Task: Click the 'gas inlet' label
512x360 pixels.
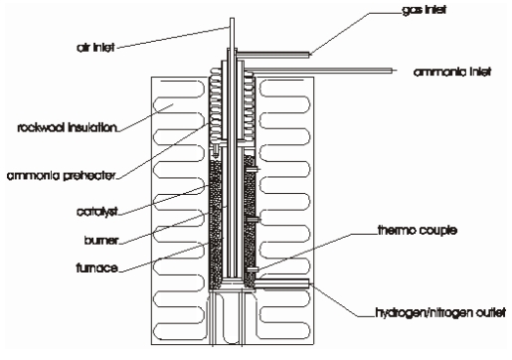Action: (424, 10)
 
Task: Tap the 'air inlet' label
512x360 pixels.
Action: (95, 48)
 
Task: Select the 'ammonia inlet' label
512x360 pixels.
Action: (452, 72)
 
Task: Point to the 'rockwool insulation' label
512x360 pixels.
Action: (68, 127)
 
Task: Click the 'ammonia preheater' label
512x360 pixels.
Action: (62, 175)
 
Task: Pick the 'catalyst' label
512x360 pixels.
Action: (97, 211)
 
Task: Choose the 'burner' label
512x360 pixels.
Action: (101, 240)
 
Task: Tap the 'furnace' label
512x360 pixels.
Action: (97, 268)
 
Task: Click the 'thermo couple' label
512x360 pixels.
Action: (418, 230)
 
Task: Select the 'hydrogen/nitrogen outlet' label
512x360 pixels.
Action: (440, 312)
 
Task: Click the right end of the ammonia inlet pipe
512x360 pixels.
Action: (396, 71)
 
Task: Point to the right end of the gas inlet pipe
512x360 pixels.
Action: (309, 55)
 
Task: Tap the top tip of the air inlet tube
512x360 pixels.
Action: (232, 18)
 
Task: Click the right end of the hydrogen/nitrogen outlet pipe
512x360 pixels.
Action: (309, 282)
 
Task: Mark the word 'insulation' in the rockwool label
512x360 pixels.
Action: (92, 127)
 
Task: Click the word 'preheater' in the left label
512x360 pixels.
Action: (89, 175)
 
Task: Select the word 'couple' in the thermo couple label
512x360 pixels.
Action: (436, 230)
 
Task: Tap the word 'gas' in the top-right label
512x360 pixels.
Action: (410, 11)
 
